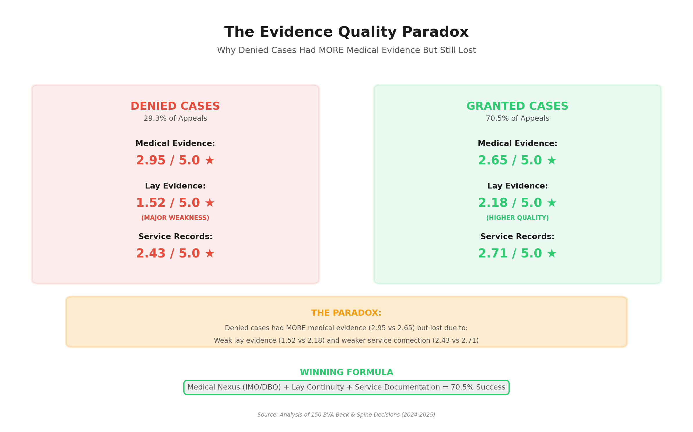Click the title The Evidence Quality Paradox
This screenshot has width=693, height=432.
click(346, 32)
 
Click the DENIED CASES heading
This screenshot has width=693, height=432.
click(175, 106)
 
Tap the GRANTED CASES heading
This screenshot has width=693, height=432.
click(517, 106)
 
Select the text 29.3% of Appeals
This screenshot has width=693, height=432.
click(175, 118)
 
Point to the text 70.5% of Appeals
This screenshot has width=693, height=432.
click(517, 118)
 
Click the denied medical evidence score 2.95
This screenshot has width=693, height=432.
click(151, 160)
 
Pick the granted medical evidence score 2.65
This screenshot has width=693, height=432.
click(493, 160)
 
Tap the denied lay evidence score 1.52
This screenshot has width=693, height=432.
click(151, 203)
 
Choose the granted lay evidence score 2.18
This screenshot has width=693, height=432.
click(493, 203)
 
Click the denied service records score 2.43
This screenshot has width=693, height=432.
click(151, 253)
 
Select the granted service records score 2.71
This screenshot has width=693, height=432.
click(493, 253)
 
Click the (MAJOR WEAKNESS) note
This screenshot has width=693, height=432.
click(175, 218)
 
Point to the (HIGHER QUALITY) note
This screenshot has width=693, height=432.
click(517, 218)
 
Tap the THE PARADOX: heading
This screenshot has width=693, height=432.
click(346, 313)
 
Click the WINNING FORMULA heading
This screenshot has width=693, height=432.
click(346, 372)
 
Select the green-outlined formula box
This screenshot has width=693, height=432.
click(346, 387)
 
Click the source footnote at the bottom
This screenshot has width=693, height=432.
click(346, 415)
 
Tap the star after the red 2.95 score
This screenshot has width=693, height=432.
click(209, 160)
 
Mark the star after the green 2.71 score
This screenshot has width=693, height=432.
click(551, 253)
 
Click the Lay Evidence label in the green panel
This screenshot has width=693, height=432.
click(517, 186)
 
